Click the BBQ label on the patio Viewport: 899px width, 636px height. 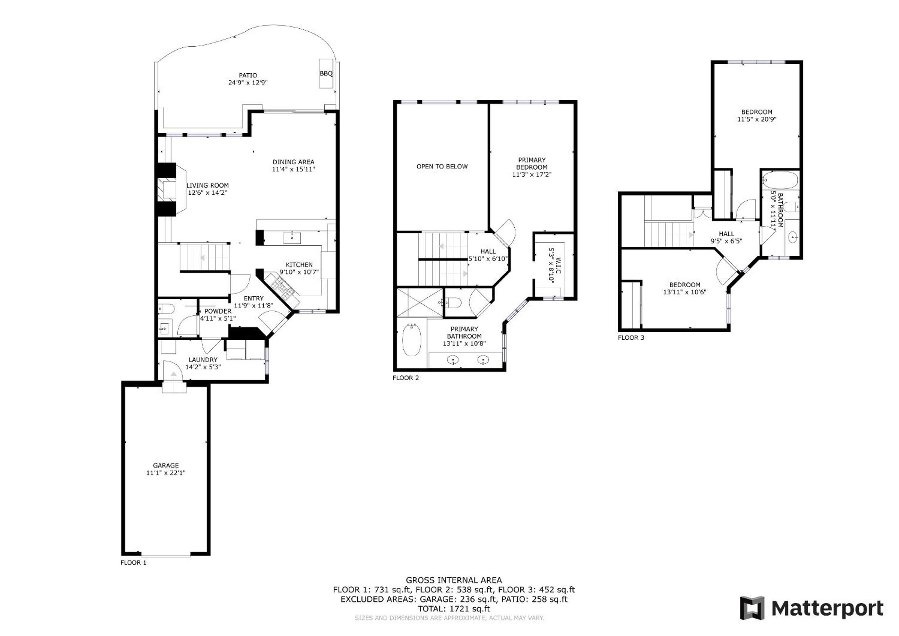click(x=326, y=74)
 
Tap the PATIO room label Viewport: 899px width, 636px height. click(x=248, y=75)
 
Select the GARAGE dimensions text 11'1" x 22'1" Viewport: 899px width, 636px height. click(x=166, y=473)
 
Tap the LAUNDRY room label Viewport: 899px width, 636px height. click(x=203, y=360)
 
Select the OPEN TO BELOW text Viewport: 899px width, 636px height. click(x=442, y=166)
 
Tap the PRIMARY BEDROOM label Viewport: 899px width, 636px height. click(x=531, y=163)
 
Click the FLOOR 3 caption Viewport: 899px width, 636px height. click(x=631, y=338)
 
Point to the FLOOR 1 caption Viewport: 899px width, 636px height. click(x=133, y=562)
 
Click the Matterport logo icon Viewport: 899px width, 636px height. click(x=752, y=608)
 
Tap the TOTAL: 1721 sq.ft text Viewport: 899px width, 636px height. click(x=453, y=609)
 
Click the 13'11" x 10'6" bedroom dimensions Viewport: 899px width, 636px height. click(x=684, y=292)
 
